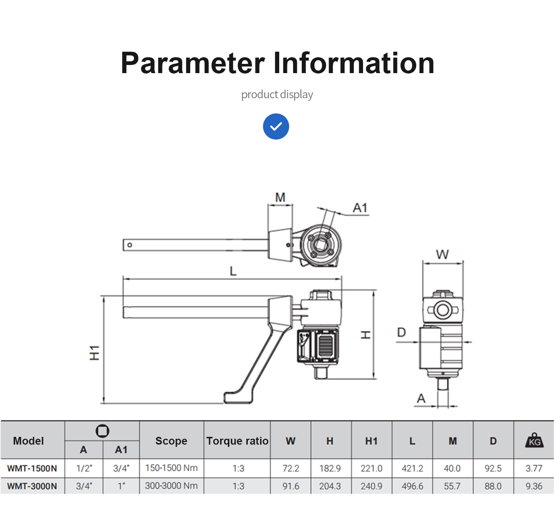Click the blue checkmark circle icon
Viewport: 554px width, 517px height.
276,126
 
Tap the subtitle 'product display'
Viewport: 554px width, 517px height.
277,95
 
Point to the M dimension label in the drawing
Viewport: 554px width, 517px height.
280,198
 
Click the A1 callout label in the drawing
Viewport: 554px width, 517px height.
360,208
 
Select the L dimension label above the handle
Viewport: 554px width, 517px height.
233,271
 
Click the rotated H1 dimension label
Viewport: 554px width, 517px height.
95,353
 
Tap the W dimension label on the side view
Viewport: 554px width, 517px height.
442,254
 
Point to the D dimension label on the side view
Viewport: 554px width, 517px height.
401,333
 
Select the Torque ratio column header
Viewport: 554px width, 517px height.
237,441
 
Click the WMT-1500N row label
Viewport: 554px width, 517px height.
32,469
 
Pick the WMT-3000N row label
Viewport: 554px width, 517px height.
32,486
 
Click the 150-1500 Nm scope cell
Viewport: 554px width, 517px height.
171,468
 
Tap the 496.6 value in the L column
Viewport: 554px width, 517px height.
412,486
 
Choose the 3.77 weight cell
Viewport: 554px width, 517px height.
534,469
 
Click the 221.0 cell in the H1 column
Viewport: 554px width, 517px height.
371,469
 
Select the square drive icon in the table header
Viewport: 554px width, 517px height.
102,431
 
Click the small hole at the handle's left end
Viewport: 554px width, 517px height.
130,245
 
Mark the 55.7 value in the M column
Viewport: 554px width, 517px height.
452,486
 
